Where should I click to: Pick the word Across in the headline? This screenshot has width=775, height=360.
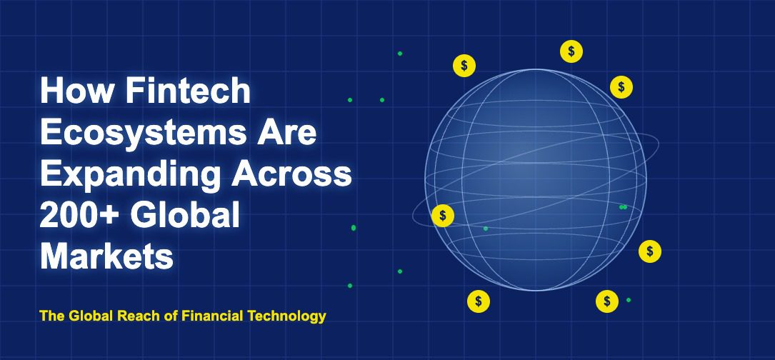coord(291,174)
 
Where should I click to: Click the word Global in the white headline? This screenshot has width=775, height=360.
coord(179,215)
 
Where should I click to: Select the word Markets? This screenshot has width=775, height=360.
coord(106,256)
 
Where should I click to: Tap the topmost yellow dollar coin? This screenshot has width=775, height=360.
coord(571,51)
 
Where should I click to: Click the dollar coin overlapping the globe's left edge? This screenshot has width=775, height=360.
coord(443,216)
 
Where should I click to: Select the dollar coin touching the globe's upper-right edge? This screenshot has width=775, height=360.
coord(621,87)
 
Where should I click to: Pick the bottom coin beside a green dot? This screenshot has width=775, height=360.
coord(607,301)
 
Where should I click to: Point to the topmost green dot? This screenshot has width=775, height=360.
coord(400,54)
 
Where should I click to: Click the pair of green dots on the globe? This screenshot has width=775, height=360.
coord(624,207)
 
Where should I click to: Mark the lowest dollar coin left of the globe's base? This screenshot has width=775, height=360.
coord(479,301)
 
